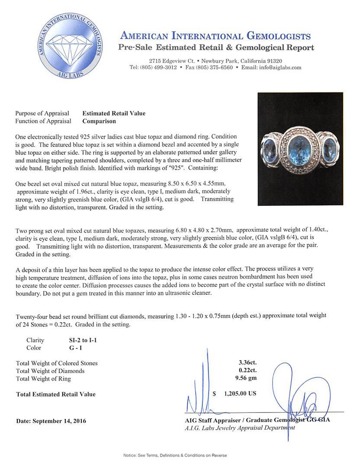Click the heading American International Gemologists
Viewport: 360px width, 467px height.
pyautogui.click(x=215, y=36)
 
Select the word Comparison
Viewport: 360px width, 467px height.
pyautogui.click(x=99, y=122)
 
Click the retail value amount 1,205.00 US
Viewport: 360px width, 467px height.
pyautogui.click(x=241, y=394)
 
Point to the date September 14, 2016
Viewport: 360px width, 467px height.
pyautogui.click(x=51, y=421)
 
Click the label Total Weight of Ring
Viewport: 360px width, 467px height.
pyautogui.click(x=43, y=379)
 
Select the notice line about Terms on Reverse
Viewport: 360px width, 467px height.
pyautogui.click(x=175, y=455)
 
